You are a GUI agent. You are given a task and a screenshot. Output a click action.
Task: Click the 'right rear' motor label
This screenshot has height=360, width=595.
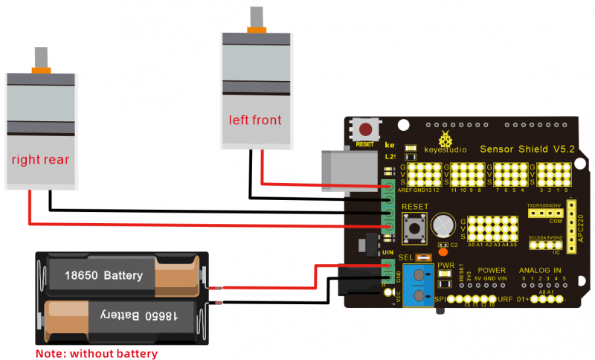pos(40,159)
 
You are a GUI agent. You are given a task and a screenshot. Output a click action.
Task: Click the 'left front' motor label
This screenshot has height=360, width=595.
pos(255,119)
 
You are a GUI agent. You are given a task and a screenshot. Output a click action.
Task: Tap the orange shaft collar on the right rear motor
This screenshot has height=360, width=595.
pos(40,70)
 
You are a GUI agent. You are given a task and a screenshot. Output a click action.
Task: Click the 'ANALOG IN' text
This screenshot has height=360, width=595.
pos(541,270)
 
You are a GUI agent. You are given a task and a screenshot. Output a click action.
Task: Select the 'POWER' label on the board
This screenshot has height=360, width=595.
pos(492,270)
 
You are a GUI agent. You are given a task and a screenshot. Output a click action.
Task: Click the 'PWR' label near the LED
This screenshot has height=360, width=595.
pos(446,265)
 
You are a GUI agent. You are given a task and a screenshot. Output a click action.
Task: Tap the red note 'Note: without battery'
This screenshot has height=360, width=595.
pos(97,352)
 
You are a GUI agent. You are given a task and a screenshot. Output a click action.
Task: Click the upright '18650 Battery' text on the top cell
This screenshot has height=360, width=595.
pos(103,276)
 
